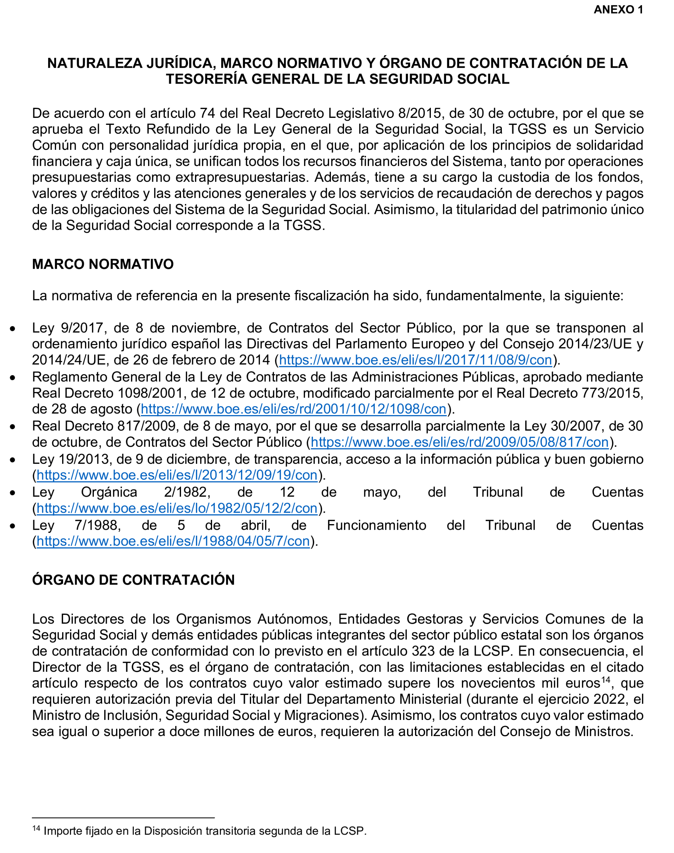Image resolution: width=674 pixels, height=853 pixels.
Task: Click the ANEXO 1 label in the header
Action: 618,10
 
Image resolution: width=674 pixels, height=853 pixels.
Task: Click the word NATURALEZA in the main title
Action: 95,63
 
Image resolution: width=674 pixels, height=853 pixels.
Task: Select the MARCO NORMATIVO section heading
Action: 103,264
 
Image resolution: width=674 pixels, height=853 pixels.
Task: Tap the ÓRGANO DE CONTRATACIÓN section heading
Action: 133,580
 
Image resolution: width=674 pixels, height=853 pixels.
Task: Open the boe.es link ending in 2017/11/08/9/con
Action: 415,360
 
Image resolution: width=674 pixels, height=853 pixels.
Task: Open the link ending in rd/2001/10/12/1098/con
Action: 294,409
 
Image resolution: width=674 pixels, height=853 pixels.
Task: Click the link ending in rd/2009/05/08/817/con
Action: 459,442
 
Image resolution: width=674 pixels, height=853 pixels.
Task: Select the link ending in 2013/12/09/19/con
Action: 177,475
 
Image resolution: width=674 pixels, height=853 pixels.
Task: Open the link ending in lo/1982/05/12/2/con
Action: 177,508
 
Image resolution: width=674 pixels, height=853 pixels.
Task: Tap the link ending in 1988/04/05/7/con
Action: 173,542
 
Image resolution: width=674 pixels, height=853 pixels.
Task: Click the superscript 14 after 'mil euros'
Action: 605,680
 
